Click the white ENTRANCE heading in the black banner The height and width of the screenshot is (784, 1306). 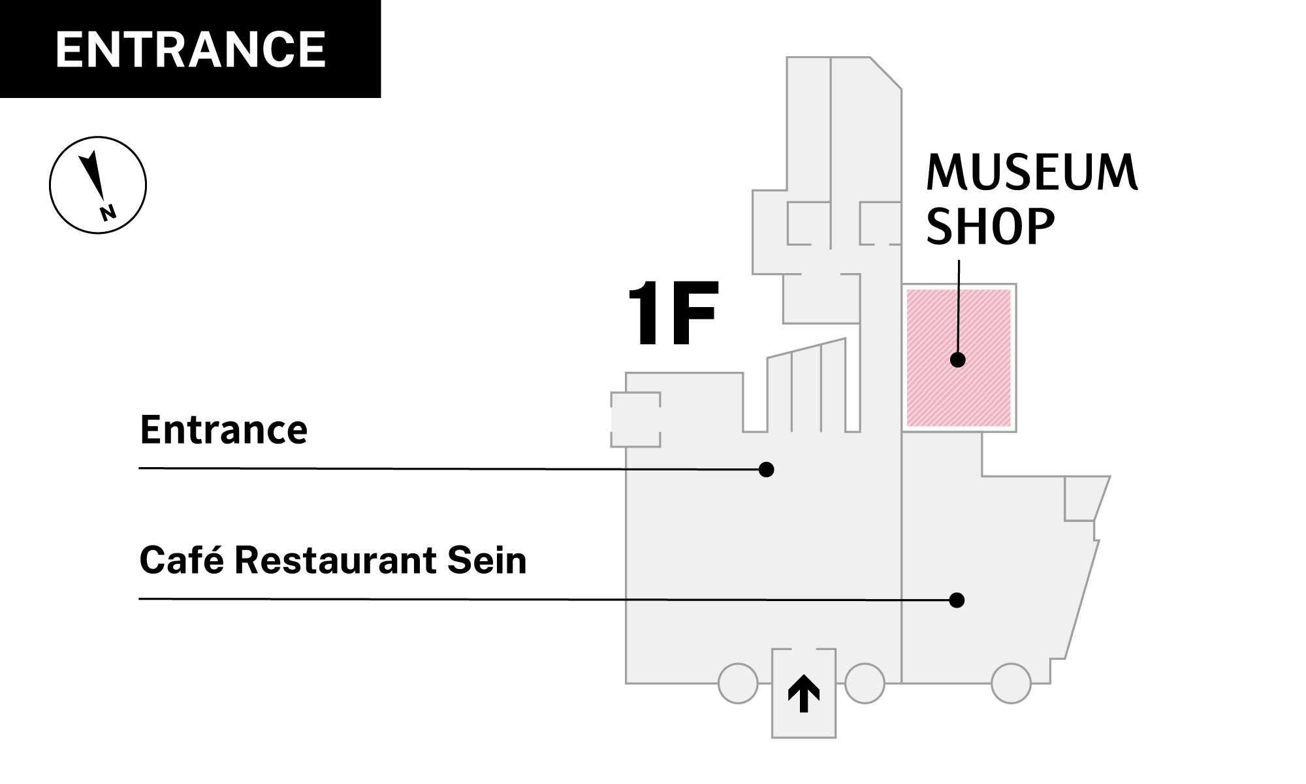pos(190,50)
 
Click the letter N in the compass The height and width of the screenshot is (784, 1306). pos(108,212)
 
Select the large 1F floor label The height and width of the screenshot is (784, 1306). pos(673,314)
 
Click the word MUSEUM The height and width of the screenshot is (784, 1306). pos(1032,172)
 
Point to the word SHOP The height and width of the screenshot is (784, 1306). pos(990,227)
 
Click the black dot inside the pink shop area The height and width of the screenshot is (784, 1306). pos(958,359)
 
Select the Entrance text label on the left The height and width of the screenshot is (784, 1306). pos(223,430)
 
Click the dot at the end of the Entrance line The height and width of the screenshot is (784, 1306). pos(767,470)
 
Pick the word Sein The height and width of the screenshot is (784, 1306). pos(486,561)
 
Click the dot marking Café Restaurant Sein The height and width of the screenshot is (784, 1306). pos(957,600)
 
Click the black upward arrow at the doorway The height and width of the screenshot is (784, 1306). pos(804,693)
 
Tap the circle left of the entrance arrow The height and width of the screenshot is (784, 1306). pos(738,683)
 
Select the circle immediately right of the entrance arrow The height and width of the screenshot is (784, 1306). pos(865,683)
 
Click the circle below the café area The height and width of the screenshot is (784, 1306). pos(1011,683)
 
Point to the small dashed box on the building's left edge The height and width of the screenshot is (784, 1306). pos(635,419)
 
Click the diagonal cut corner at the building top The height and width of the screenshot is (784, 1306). pos(886,73)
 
